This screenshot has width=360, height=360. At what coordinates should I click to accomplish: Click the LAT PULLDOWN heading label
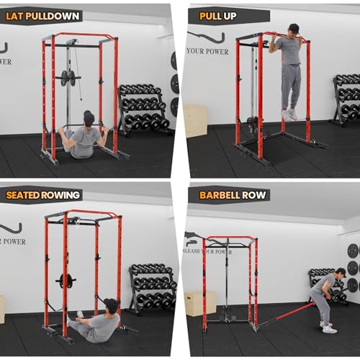click(42, 15)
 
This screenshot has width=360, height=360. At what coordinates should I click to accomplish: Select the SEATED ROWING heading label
click(43, 194)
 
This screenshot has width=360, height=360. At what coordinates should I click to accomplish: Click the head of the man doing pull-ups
click(293, 30)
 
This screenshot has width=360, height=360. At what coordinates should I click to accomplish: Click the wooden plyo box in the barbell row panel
click(200, 302)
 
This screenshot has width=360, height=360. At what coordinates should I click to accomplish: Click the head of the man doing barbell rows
click(341, 273)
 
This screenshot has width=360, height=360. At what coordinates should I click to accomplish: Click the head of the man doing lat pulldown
click(88, 117)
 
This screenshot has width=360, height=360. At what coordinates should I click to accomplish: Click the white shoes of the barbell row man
click(328, 328)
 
